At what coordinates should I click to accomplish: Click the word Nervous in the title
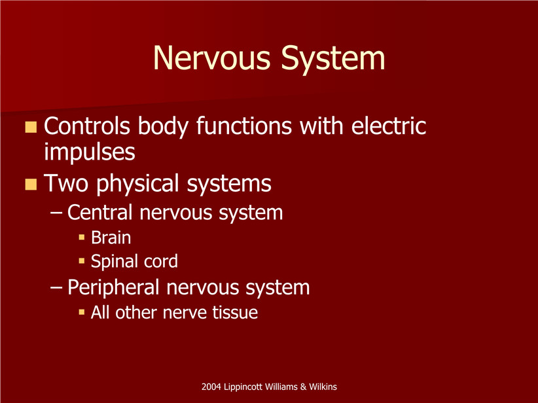click(211, 58)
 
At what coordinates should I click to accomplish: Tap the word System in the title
click(333, 60)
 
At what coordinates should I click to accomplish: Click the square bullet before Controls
click(31, 127)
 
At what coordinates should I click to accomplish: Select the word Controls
click(87, 126)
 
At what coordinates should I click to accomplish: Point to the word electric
click(389, 126)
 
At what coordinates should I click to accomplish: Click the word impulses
click(90, 152)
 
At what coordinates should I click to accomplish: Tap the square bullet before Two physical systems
click(31, 184)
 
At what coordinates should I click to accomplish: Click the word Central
click(99, 212)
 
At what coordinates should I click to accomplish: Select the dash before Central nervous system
click(56, 213)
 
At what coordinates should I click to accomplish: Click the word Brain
click(111, 237)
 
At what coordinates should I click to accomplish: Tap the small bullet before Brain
click(82, 237)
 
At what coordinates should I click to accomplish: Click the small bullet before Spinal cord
click(82, 261)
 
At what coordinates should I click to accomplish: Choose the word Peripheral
click(113, 287)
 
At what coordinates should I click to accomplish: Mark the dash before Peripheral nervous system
click(56, 287)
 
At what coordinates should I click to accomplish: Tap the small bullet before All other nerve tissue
click(82, 312)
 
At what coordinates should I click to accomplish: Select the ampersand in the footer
click(303, 387)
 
